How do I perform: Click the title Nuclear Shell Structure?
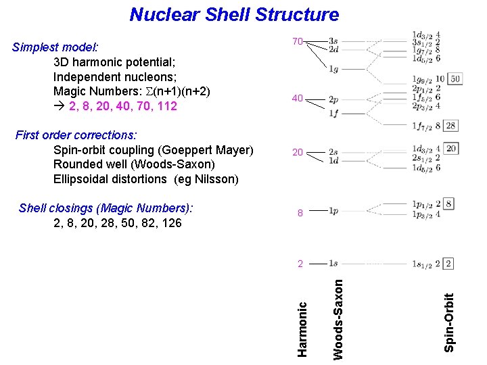tap(234, 14)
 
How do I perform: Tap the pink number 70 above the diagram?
tap(298, 42)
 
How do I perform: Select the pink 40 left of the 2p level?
tap(298, 99)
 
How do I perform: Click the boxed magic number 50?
tap(455, 79)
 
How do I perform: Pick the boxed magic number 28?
tap(451, 125)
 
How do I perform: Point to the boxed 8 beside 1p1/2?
tap(449, 203)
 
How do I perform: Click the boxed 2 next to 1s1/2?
tap(448, 264)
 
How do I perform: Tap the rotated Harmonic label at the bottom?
tap(303, 328)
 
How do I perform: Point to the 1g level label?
tap(333, 69)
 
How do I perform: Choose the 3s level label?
tap(333, 41)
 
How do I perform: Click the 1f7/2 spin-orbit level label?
tap(422, 126)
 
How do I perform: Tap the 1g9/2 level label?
tap(422, 79)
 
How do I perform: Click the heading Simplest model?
tap(55, 47)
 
